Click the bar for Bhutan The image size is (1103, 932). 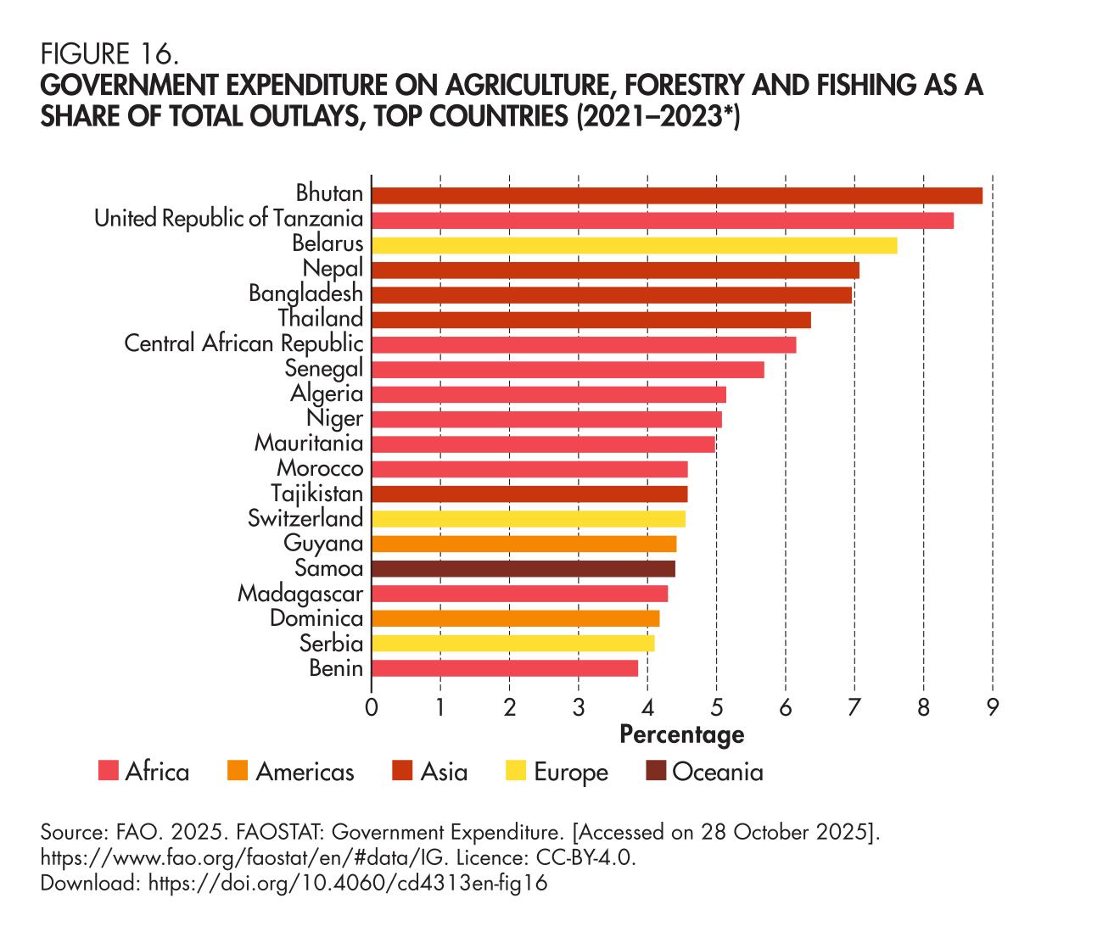676,195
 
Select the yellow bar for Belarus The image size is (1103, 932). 634,245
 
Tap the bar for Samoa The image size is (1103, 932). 523,568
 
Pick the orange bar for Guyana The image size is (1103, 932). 524,544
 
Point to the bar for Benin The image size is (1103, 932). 504,668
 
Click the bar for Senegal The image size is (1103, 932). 568,370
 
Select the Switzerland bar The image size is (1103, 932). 528,519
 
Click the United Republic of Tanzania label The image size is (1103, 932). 228,219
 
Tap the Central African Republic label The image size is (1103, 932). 244,343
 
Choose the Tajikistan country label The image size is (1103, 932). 316,494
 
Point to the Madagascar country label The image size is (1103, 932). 300,594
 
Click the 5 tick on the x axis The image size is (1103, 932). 717,706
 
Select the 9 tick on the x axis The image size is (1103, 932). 992,706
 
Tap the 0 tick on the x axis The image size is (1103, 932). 372,706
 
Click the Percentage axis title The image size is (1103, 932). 681,734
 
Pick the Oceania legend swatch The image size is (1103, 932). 656,772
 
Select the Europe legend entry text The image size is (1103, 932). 571,773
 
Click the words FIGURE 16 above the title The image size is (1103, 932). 109,55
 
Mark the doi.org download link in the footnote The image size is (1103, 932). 348,883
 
